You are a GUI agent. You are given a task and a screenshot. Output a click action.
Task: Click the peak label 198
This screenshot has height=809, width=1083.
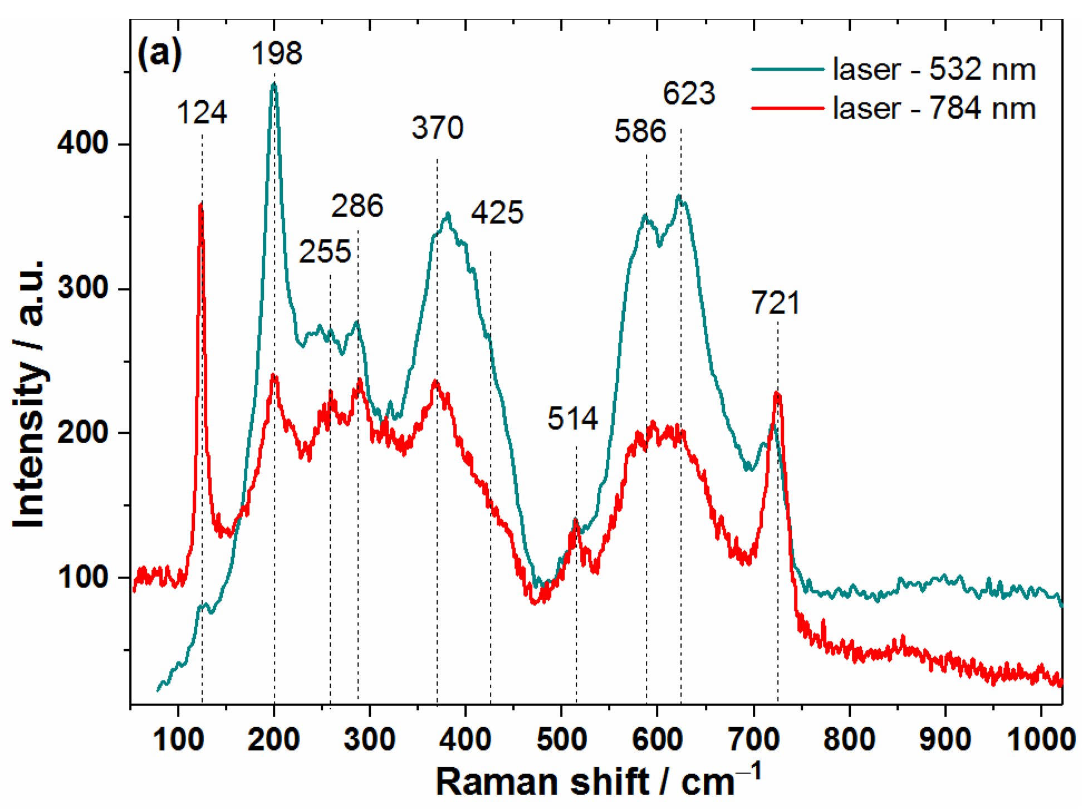[277, 53]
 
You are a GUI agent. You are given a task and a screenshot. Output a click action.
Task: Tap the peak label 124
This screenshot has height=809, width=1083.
[202, 113]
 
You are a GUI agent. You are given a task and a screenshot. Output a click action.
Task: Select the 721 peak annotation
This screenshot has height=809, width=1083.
[776, 303]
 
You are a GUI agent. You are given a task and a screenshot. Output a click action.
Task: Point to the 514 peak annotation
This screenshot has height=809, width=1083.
[572, 418]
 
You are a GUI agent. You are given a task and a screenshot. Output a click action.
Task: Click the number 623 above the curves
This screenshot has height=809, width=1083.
[688, 93]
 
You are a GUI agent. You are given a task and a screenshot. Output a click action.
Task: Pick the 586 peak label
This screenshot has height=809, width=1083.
[640, 132]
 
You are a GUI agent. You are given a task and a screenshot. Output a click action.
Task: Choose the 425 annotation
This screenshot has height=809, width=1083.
[497, 213]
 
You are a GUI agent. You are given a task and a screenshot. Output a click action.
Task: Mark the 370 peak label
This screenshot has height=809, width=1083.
[438, 128]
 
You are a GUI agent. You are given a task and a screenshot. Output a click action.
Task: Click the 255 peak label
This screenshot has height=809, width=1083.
[325, 251]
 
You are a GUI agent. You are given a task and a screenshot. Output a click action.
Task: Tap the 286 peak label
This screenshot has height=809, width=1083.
[357, 205]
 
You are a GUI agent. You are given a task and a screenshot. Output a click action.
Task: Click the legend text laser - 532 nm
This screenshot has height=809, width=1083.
[934, 70]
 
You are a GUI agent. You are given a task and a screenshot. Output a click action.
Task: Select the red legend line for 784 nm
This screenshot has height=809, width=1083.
[787, 108]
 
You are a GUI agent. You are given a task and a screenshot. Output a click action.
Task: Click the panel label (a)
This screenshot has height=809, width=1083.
[159, 55]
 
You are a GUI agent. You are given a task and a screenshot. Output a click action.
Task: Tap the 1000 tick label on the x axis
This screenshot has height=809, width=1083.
[1040, 741]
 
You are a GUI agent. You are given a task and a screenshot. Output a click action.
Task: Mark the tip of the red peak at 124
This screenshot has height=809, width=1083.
[200, 204]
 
